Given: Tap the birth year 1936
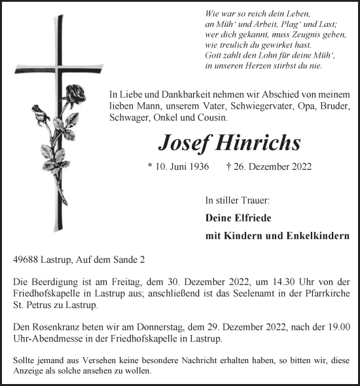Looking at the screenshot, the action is [x=198, y=167].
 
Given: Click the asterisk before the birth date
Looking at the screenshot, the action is [x=151, y=168].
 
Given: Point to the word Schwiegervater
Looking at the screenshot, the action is [x=230, y=106].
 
